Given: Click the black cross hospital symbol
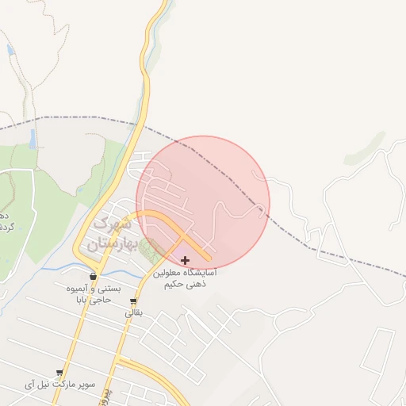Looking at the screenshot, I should (x=186, y=260).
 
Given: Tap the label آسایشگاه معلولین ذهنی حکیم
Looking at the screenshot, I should (x=186, y=277).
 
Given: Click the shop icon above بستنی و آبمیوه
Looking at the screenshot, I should (x=94, y=277).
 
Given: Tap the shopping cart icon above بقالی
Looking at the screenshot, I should (x=133, y=301).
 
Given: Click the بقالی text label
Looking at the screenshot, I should (x=132, y=313).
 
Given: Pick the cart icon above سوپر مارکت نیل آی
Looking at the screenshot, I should (x=59, y=373).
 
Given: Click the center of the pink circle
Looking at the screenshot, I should (x=203, y=203).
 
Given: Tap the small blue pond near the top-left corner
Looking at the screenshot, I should (x=10, y=50).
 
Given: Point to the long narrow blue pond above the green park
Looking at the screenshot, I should (x=33, y=140).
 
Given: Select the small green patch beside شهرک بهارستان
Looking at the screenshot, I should (x=147, y=253).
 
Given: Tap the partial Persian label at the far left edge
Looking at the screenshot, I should (x=4, y=222).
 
